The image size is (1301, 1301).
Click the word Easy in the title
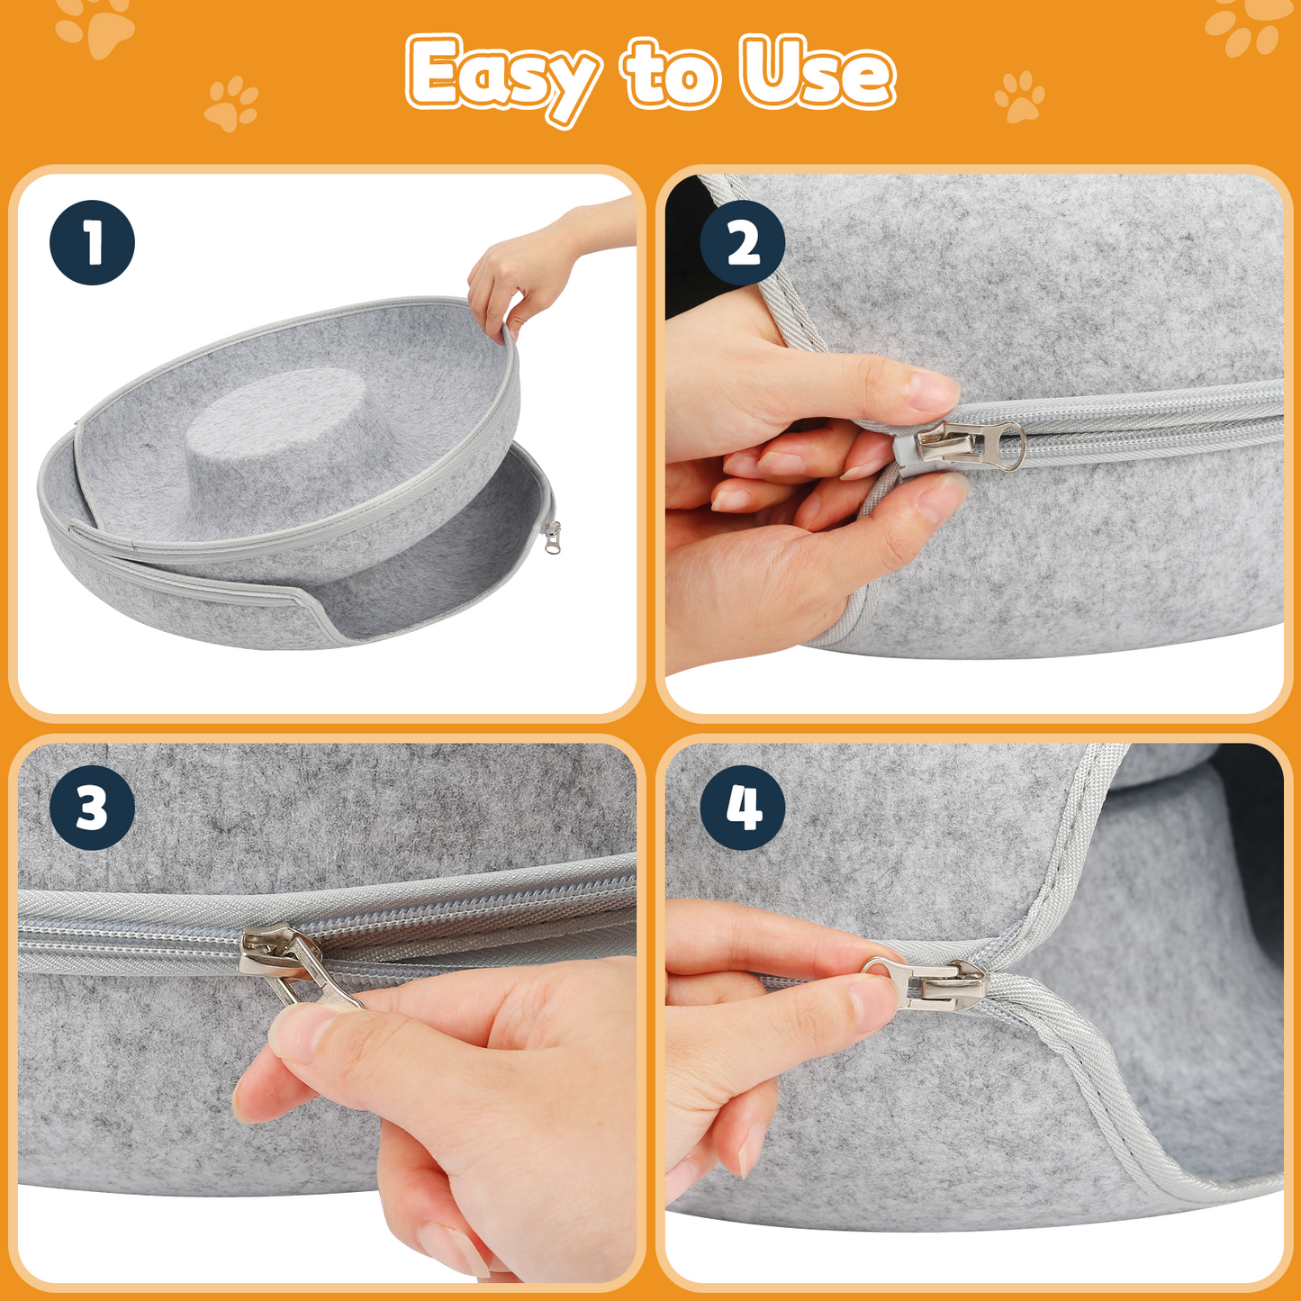(502, 77)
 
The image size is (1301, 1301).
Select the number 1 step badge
(93, 242)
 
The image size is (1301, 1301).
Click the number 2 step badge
(743, 242)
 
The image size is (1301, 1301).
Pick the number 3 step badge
(93, 808)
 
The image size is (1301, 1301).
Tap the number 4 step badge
(743, 808)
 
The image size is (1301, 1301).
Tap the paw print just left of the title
(231, 103)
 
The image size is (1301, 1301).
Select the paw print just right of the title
(1019, 96)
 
